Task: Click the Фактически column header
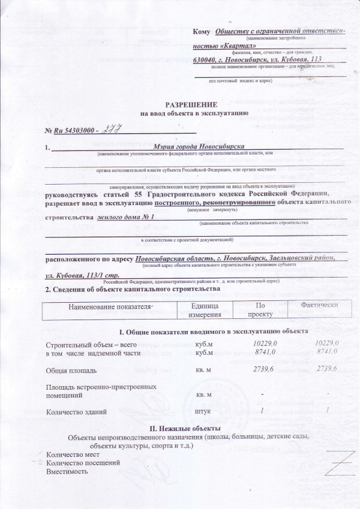point(313,305)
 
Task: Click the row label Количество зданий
point(76,412)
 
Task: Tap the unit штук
point(204,412)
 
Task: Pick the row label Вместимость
point(67,471)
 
